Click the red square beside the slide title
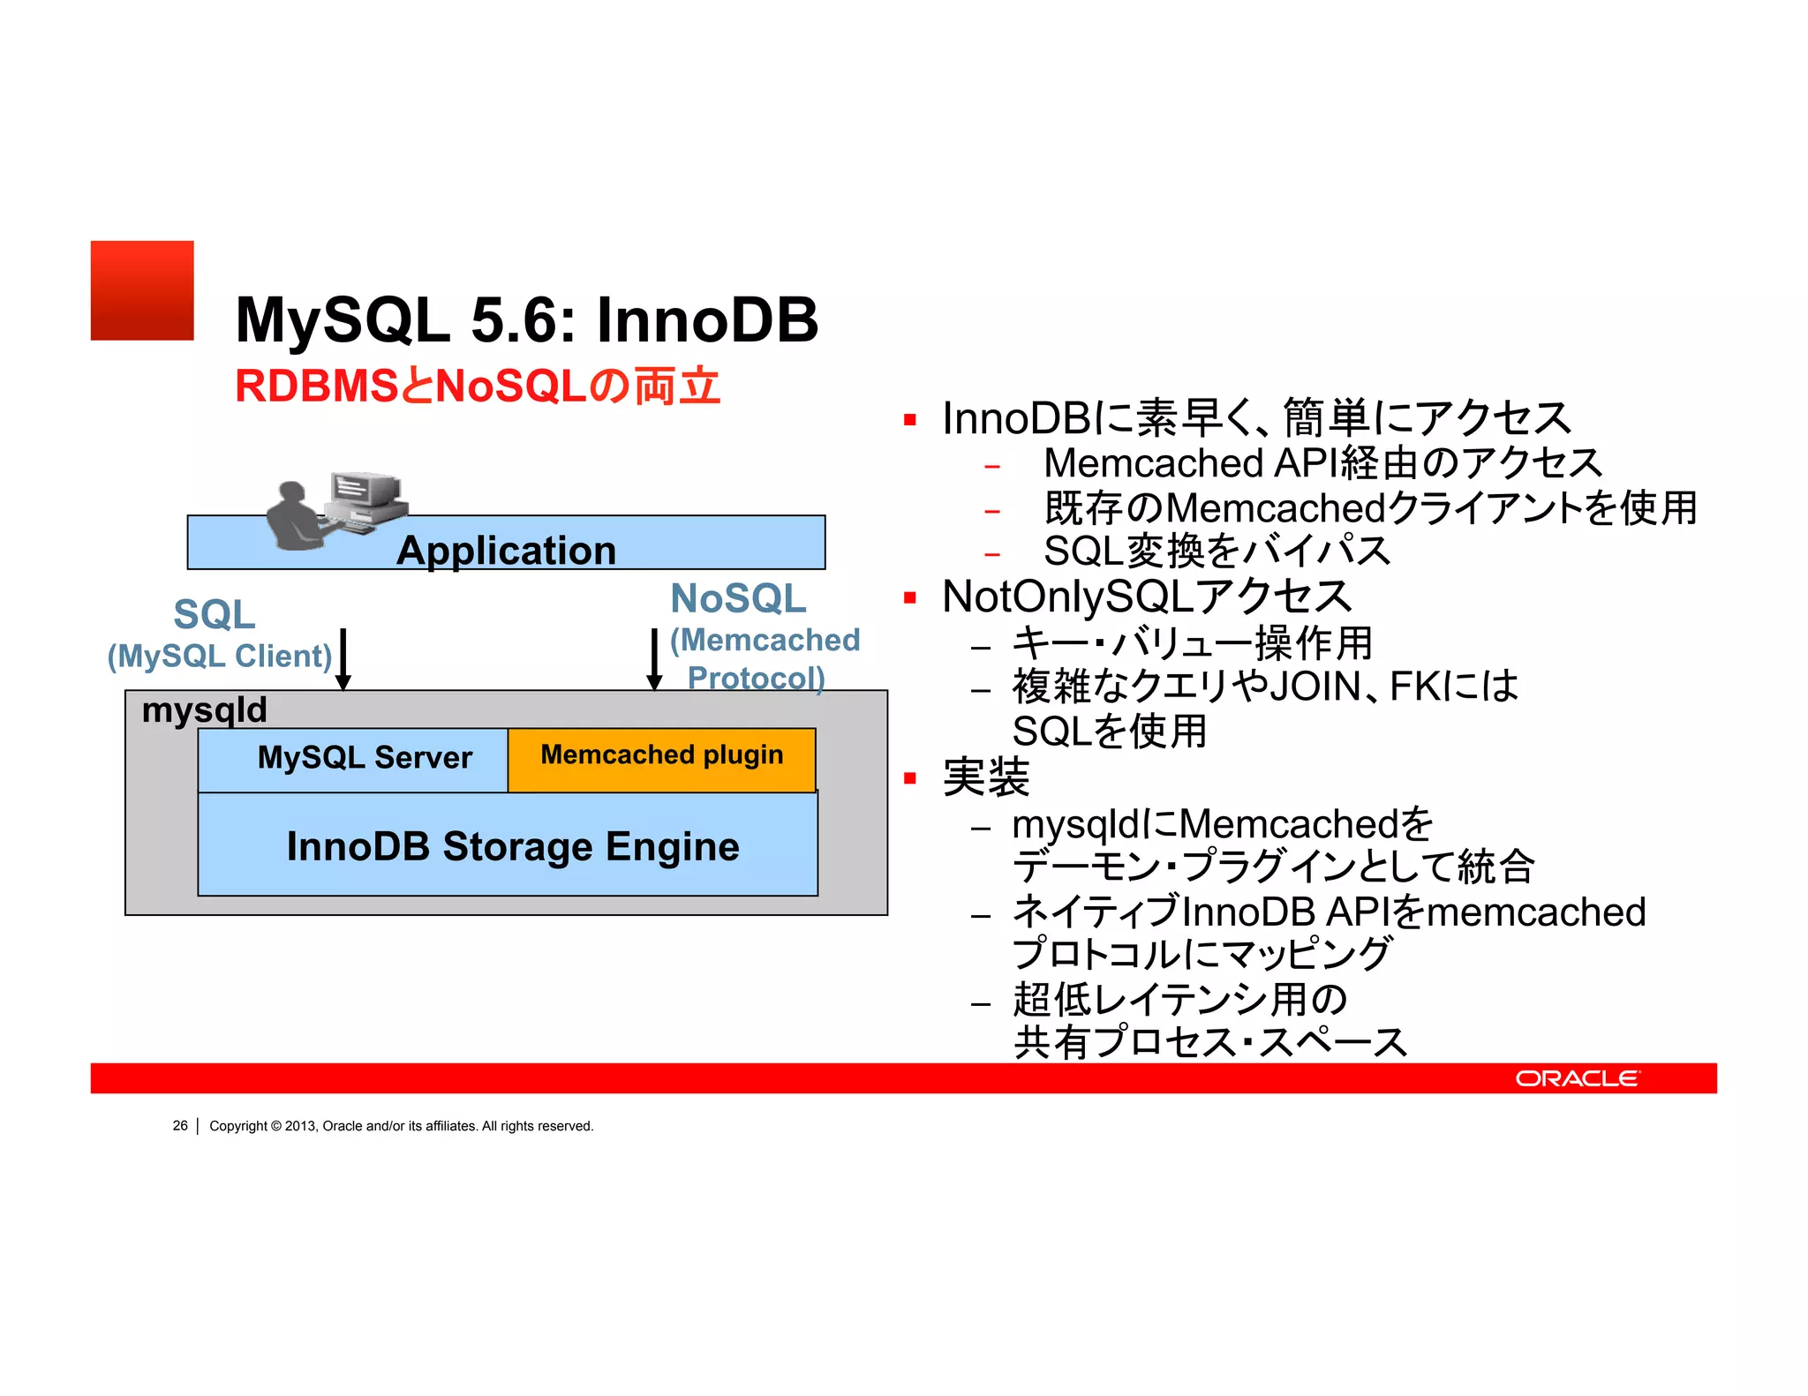point(142,290)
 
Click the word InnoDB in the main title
point(707,319)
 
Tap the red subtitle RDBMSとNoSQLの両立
point(478,387)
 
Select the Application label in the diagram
point(506,551)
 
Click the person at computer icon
point(336,512)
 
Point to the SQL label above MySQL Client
point(215,614)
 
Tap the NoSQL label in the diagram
point(738,599)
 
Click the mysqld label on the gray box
point(204,710)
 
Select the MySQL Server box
point(365,758)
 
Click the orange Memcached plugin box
point(661,756)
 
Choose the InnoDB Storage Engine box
point(512,846)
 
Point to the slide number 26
point(180,1126)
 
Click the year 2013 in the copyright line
point(299,1126)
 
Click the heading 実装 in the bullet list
point(985,777)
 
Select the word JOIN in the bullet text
point(1315,687)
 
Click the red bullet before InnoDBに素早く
point(910,420)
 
